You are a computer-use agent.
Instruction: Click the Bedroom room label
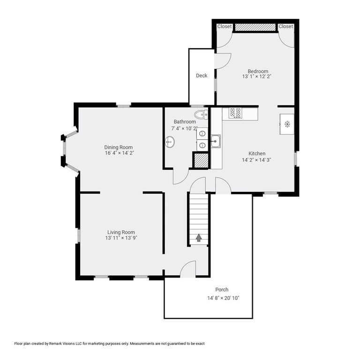click(258, 71)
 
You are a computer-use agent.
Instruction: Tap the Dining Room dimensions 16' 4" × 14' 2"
click(120, 153)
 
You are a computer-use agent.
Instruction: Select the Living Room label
click(121, 232)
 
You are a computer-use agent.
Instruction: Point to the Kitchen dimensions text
click(256, 160)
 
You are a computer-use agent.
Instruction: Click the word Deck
click(202, 75)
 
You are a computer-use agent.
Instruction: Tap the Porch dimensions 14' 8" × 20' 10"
click(224, 298)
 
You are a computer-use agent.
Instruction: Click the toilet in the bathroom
click(201, 114)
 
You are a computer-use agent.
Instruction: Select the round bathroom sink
click(170, 142)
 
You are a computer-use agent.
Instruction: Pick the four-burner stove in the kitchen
click(235, 113)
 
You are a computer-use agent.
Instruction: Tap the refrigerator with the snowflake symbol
click(287, 124)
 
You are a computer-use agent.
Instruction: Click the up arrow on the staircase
click(199, 238)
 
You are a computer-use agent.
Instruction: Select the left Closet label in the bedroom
click(225, 27)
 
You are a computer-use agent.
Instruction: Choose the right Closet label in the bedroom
click(285, 27)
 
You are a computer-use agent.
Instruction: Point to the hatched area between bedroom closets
click(255, 28)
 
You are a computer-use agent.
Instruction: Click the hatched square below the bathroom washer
click(201, 160)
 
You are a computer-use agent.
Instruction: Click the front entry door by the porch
click(188, 270)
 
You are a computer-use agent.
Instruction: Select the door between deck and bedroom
click(223, 60)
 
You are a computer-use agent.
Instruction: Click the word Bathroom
click(185, 122)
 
